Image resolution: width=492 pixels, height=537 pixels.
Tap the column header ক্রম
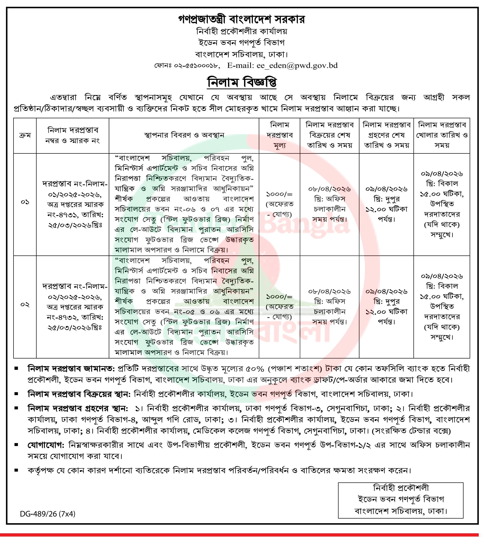click(25, 135)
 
